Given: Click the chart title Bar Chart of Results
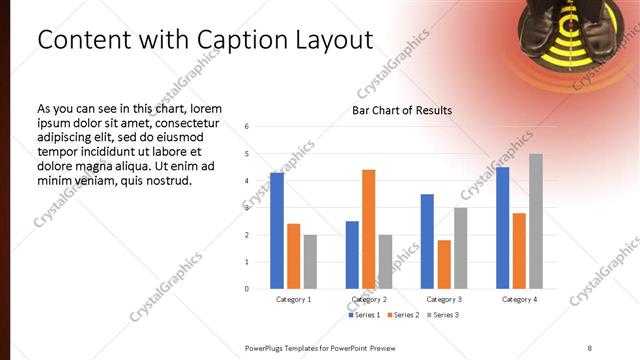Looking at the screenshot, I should tap(401, 110).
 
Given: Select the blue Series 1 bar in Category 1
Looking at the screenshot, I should tap(277, 231).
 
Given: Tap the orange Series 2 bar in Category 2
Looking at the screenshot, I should tap(368, 229).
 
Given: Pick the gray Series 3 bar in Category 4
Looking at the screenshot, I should tap(536, 221).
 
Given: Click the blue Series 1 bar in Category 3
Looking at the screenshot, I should tap(427, 241).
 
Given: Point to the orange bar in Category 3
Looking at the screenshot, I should tap(444, 264).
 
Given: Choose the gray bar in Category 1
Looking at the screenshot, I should tap(310, 262).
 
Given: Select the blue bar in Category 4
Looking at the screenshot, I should tap(502, 228).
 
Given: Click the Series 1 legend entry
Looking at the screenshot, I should tap(364, 315).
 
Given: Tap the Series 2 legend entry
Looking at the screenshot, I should tap(405, 315).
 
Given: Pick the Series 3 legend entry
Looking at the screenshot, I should tap(445, 315).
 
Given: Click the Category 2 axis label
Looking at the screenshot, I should tap(368, 299).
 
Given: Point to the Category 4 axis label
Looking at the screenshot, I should tap(519, 299).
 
